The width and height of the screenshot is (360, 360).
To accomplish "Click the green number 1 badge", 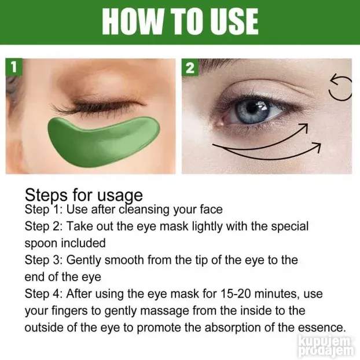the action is (14, 67).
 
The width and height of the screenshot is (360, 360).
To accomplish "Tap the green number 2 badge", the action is (190, 67).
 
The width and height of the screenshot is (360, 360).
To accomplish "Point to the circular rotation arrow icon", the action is (339, 87).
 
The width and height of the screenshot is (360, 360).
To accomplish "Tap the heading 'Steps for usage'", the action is (83, 196).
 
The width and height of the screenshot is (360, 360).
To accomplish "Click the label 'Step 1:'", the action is (43, 210).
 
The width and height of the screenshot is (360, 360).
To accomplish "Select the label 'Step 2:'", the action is (43, 226).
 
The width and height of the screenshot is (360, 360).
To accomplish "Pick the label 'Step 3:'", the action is (43, 260).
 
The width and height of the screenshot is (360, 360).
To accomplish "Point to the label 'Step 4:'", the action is (43, 293).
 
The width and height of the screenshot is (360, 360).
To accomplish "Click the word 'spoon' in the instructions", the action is (41, 244).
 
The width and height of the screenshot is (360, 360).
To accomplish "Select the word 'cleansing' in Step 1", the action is (144, 210).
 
